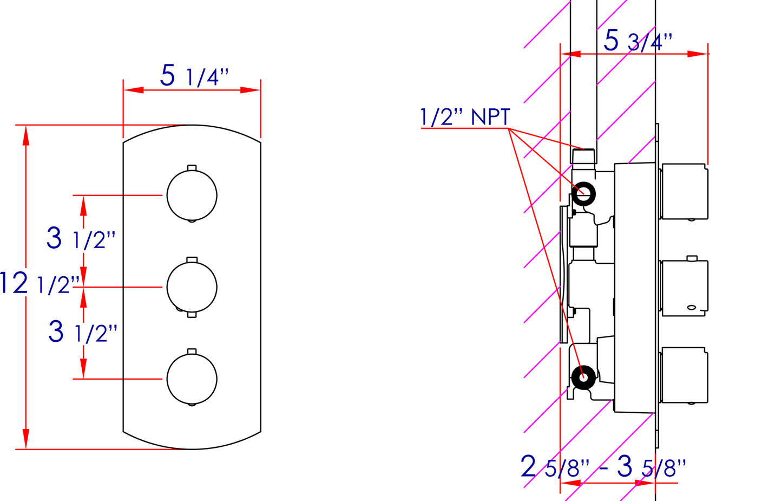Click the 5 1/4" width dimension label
(194, 76)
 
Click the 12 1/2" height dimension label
(39, 284)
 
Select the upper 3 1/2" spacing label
(81, 238)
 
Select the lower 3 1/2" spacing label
(83, 331)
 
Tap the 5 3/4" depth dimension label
(638, 41)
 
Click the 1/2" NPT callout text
(465, 117)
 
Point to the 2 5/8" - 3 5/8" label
(603, 467)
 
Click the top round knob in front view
(192, 195)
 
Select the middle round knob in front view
(192, 287)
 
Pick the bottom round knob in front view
(192, 379)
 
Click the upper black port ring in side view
(584, 193)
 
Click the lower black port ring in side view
(583, 377)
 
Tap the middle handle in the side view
(685, 288)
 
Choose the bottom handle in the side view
(685, 375)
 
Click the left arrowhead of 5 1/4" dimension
(133, 90)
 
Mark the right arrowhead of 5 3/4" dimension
(698, 54)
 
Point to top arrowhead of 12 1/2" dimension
(25, 135)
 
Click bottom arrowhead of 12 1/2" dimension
(25, 439)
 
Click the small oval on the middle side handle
(692, 308)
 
